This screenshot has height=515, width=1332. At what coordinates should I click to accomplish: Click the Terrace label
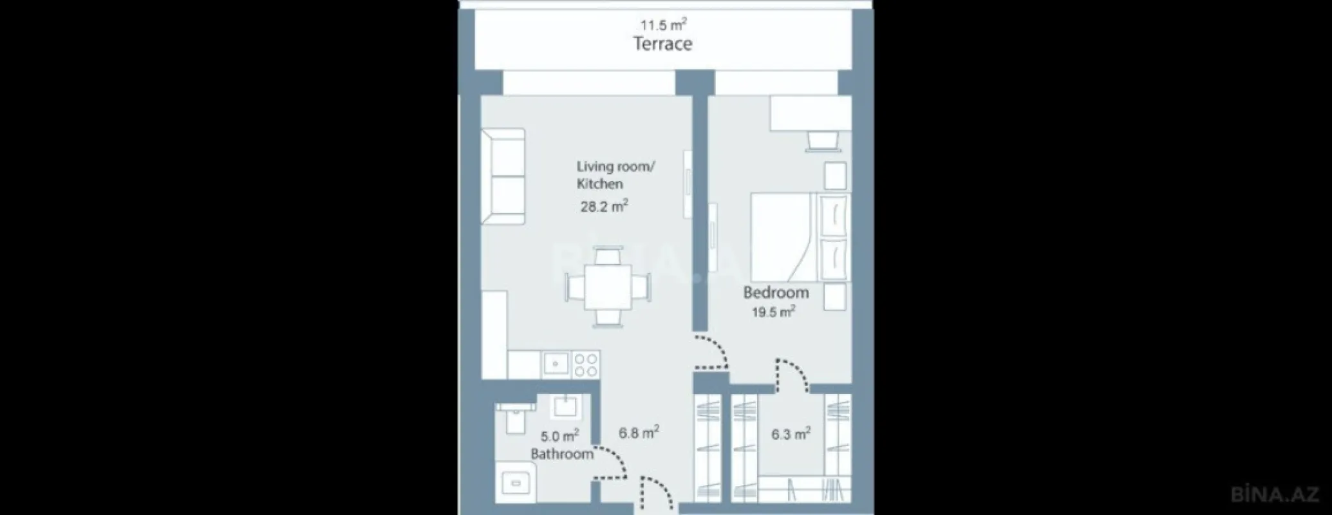662,44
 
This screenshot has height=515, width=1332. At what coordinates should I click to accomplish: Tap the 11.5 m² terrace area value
663,26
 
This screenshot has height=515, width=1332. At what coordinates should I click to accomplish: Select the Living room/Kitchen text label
615,175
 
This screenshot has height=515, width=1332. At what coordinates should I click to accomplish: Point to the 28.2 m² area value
604,207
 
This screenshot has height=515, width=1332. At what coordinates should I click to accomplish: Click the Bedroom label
776,292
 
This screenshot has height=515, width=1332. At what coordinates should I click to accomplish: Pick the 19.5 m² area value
774,313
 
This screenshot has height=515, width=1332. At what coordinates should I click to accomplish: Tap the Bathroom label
561,454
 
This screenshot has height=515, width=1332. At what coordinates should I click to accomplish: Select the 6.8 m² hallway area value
639,433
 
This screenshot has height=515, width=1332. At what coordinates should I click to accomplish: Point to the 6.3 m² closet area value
791,435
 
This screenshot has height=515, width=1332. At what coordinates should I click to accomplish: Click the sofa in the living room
503,176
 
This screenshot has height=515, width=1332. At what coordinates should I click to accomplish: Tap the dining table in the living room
608,286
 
